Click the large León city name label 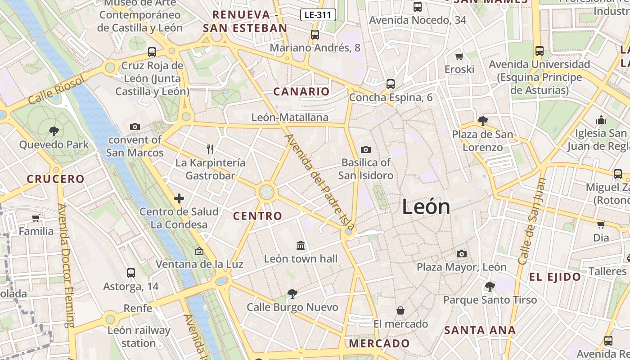426,207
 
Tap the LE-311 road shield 318,15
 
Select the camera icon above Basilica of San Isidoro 365,149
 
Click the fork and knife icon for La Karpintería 210,149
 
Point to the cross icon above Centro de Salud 179,198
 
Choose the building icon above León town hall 301,245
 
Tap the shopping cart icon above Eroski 459,56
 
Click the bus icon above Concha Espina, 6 390,84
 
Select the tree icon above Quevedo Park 54,131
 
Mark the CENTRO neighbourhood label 257,216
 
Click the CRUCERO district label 55,179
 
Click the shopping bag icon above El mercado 400,310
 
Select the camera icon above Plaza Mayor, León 461,254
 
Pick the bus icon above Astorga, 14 130,273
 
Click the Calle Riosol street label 56,90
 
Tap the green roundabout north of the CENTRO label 266,192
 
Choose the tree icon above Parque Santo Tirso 490,287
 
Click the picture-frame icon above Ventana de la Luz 199,251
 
